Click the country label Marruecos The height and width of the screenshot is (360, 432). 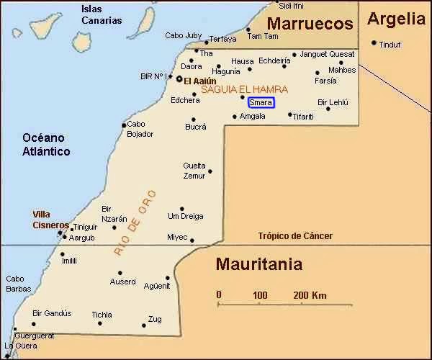tap(310, 24)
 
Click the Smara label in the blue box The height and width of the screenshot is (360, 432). tap(261, 103)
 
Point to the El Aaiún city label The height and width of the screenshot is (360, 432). tap(200, 81)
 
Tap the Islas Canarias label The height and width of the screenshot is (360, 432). tap(102, 14)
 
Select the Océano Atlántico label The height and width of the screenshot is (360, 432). tap(46, 144)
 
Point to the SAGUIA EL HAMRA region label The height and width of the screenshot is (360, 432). tap(243, 89)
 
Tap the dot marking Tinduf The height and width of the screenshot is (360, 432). tap(374, 42)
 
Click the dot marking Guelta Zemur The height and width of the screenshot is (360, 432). tap(210, 171)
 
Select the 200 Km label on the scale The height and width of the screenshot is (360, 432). tap(310, 295)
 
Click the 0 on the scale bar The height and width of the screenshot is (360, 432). tap(219, 295)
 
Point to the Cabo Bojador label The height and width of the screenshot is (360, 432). tap(140, 129)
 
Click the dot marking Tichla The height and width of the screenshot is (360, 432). tap(99, 323)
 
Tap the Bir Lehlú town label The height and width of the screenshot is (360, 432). tap(333, 103)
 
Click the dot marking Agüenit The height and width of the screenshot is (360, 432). tap(168, 278)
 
